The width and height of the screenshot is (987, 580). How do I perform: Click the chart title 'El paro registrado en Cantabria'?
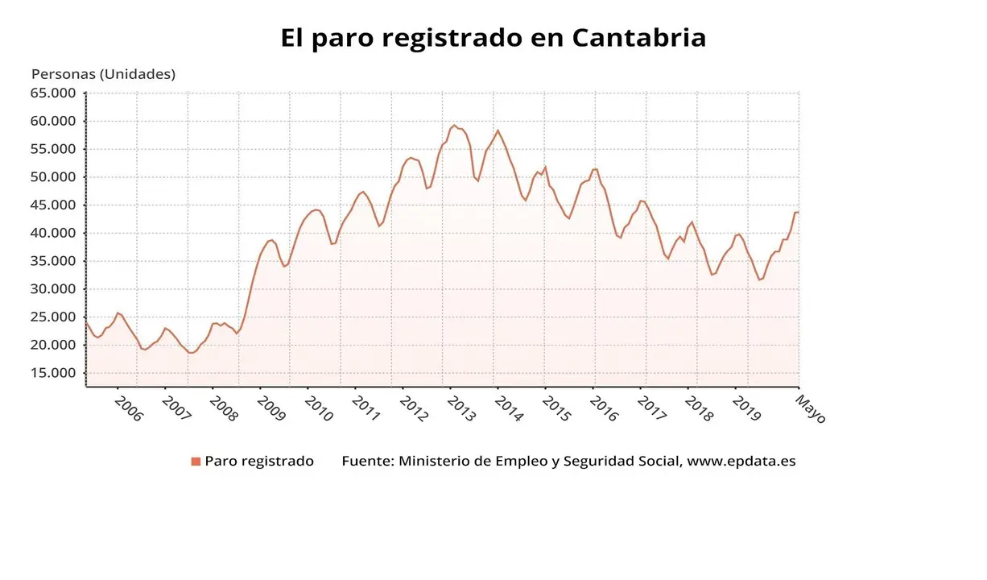[x=493, y=38]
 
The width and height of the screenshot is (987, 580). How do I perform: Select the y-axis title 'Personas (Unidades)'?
[x=103, y=74]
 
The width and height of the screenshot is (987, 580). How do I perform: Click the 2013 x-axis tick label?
[x=462, y=408]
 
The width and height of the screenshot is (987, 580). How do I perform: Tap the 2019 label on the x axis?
[x=747, y=408]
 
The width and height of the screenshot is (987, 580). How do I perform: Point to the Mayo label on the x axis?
[x=811, y=408]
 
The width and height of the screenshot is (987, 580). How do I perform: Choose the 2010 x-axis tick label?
[x=319, y=408]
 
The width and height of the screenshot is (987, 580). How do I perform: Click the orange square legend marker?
[x=196, y=462]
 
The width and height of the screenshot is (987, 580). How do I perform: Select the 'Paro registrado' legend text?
[x=259, y=462]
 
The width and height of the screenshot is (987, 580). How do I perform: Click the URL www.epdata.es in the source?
[x=741, y=462]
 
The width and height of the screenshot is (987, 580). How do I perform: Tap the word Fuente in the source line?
[x=366, y=462]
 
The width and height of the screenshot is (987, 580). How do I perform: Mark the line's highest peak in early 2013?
[x=454, y=125]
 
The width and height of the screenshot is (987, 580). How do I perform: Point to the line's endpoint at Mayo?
[x=798, y=212]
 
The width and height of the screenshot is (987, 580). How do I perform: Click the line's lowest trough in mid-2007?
[x=192, y=353]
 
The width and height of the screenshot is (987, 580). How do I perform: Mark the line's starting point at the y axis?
[x=86, y=322]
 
